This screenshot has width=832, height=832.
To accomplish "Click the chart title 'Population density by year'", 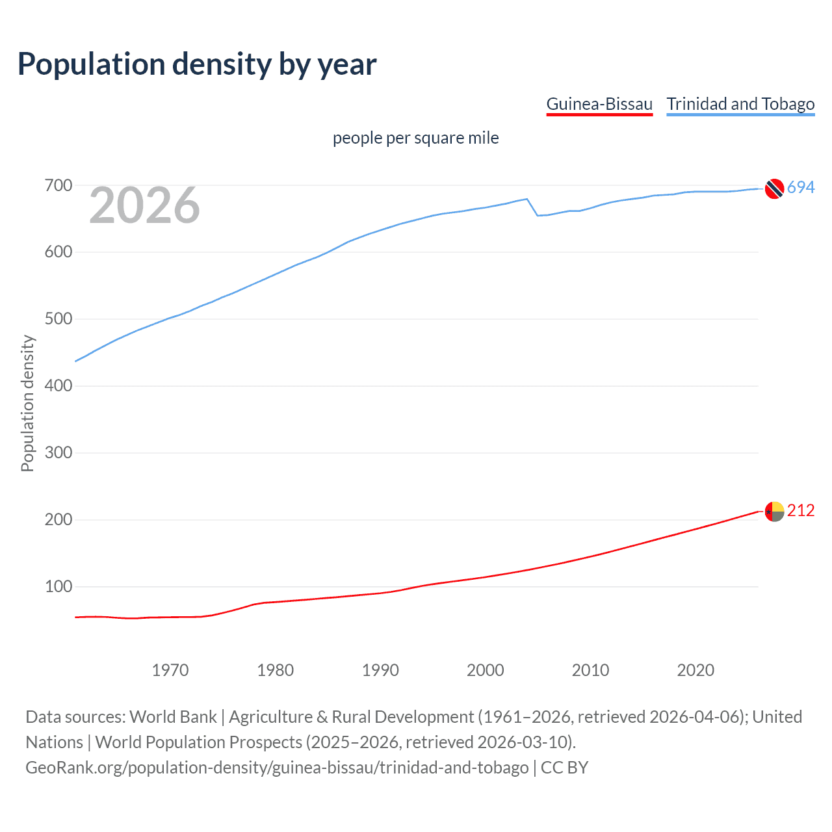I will tap(197, 64).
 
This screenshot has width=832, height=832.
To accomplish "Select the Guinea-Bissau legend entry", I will tap(599, 104).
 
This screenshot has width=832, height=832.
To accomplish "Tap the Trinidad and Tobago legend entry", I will tap(740, 104).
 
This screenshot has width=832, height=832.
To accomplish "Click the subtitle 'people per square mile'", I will tap(415, 138).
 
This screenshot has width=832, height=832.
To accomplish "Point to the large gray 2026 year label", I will tap(144, 205).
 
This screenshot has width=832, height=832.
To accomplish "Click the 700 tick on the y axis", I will tap(58, 186).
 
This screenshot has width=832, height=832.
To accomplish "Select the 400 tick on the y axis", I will tap(58, 386).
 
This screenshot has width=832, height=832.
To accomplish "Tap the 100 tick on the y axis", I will tap(58, 587).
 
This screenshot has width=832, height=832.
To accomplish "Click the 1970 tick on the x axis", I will tap(170, 670).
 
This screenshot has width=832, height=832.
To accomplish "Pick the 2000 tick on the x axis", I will tap(486, 670).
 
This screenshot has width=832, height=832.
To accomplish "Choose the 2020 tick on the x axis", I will tap(695, 670).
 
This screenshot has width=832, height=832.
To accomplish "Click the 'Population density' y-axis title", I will tap(27, 403).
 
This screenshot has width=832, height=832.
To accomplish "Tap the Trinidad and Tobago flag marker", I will tap(774, 188).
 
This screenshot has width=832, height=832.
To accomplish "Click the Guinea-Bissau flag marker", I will tap(774, 512).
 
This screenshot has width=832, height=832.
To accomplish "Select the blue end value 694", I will tap(801, 187).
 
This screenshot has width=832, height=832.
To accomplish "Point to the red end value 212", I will tap(801, 511).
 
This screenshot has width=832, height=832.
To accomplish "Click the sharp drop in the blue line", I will tap(532, 207).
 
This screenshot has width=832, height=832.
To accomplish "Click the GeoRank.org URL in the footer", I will tap(277, 768).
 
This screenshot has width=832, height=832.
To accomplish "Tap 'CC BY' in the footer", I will tap(564, 768).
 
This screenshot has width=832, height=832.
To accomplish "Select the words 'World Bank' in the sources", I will tap(173, 717).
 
